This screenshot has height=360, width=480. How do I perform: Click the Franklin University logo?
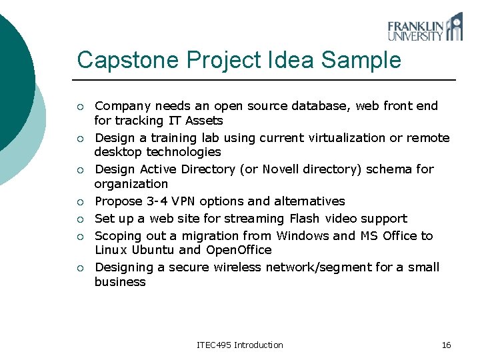[x=425, y=27]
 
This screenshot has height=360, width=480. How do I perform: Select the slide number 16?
[x=446, y=345]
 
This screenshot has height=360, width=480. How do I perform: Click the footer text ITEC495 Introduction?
[x=240, y=345]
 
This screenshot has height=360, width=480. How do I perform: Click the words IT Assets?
[x=194, y=121]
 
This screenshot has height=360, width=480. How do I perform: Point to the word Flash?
[x=305, y=219]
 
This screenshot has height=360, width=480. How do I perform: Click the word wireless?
[x=236, y=267]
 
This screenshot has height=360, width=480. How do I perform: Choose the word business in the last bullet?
[x=120, y=282]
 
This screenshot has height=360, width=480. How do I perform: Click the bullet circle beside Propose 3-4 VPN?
[x=79, y=202]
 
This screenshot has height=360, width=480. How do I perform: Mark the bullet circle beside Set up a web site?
[x=79, y=219]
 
